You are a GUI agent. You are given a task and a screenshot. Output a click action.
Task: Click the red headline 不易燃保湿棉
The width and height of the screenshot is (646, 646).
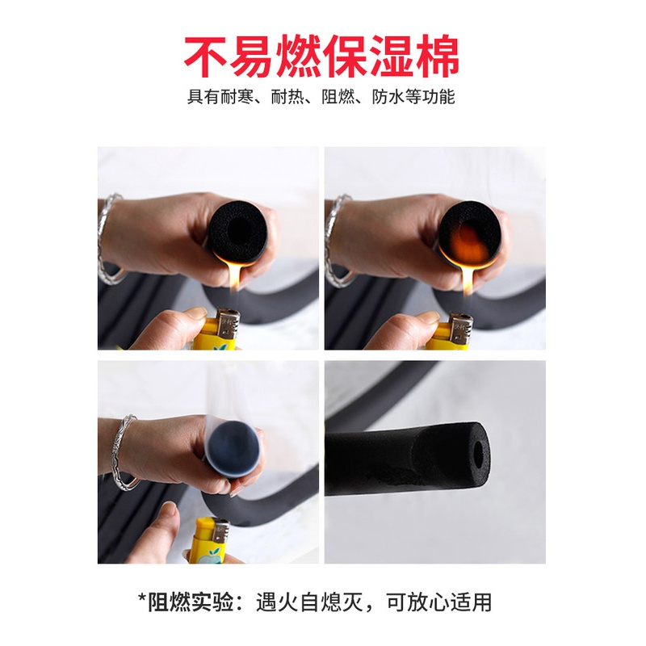click(321, 57)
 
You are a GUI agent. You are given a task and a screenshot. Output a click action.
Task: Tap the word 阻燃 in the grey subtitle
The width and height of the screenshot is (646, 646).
click(338, 97)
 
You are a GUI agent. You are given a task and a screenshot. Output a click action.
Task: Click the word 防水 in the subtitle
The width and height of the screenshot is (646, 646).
click(388, 97)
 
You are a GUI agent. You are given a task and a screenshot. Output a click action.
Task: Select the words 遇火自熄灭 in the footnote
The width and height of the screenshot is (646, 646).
click(309, 602)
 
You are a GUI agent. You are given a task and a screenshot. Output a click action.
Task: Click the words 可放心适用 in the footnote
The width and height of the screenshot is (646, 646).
click(438, 602)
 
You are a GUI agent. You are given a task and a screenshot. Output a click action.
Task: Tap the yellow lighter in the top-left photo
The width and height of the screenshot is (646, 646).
click(216, 329)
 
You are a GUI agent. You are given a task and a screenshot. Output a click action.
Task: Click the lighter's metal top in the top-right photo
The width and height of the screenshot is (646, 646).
click(461, 328)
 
